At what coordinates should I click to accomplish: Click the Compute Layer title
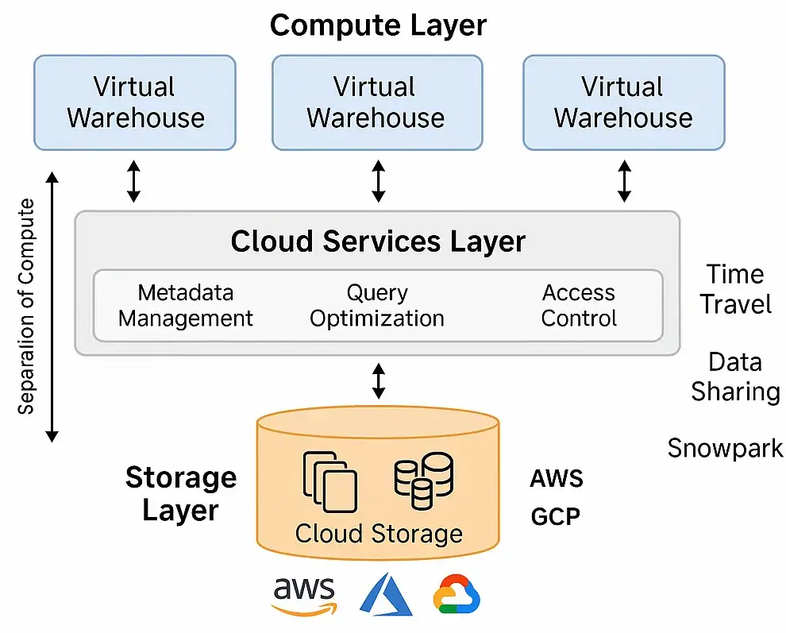(378, 25)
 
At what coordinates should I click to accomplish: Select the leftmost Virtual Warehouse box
(135, 102)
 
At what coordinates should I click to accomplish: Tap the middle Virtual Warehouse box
(376, 102)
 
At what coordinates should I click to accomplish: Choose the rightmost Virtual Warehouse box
(623, 102)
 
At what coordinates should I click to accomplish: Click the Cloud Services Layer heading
(378, 241)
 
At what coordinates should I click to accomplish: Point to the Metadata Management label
(186, 306)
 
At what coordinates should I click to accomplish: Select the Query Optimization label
(377, 306)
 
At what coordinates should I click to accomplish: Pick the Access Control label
(579, 306)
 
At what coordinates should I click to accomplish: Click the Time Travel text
(735, 289)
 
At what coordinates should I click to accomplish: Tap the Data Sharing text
(735, 376)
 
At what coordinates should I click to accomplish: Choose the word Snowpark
(725, 449)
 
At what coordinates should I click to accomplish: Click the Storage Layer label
(181, 493)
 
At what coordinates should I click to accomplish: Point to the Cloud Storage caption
(379, 533)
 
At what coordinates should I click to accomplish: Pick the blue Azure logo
(386, 595)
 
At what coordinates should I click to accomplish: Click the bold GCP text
(555, 517)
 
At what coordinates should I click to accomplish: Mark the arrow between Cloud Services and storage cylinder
(379, 381)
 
